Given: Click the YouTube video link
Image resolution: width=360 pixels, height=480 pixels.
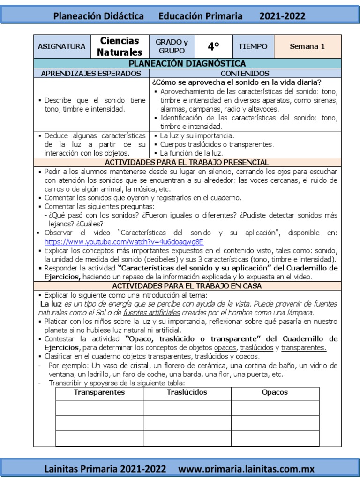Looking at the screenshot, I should [x=124, y=242].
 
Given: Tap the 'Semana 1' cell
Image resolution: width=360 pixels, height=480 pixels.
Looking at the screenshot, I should [x=307, y=46].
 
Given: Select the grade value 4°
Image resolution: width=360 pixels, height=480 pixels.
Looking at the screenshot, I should [x=214, y=46].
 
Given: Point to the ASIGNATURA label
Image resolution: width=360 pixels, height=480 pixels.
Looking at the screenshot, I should [x=61, y=46].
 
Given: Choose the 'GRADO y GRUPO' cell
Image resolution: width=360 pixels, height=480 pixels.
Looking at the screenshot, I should [x=172, y=46].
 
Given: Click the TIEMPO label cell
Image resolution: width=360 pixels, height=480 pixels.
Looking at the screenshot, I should [x=253, y=46].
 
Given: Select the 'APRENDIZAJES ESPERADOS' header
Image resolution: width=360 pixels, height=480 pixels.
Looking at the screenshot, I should [x=91, y=74].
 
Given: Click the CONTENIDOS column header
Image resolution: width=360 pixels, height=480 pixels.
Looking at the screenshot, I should [x=245, y=74].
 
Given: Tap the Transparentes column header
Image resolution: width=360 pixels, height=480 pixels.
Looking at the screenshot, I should [x=99, y=392].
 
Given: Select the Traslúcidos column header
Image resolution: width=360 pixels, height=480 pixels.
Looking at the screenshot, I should [x=187, y=392].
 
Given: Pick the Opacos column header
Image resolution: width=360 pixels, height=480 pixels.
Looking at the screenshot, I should [x=275, y=392].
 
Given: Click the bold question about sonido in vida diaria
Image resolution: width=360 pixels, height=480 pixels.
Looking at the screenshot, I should [x=236, y=82].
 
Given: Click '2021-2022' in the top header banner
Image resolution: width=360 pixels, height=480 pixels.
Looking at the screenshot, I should [x=282, y=16].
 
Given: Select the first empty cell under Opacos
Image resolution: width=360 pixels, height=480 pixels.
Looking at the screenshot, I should [x=275, y=408].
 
